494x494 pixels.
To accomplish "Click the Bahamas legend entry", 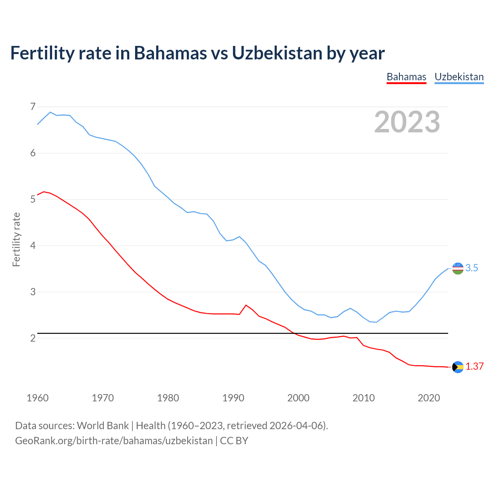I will tap(406, 77).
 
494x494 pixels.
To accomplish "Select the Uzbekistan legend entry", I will tap(459, 77).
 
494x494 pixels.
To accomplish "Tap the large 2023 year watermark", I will tap(407, 122).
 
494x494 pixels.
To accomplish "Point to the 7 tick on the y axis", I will tap(33, 106).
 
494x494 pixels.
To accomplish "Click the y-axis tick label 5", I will tap(33, 199).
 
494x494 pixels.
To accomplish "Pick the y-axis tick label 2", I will tap(33, 338).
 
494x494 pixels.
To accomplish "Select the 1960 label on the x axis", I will tap(37, 398).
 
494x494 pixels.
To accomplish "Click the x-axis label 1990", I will tap(233, 398).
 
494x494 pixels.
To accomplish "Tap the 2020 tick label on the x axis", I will tap(429, 398).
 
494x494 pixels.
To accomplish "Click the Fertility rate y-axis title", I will tap(16, 239).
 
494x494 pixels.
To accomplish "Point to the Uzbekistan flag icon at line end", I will tap(458, 268).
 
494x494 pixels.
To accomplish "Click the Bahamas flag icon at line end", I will tap(458, 367).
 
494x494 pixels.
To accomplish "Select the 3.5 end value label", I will tap(472, 268).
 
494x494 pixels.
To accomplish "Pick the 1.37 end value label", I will tap(474, 367).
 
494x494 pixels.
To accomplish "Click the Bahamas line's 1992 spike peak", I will tap(246, 305).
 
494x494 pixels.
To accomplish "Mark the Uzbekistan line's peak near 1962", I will tap(50, 112).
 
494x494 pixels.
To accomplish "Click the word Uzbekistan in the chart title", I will tap(277, 53).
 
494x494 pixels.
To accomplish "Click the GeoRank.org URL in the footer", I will tap(114, 440).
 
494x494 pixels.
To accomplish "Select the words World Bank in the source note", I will tap(103, 425).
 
